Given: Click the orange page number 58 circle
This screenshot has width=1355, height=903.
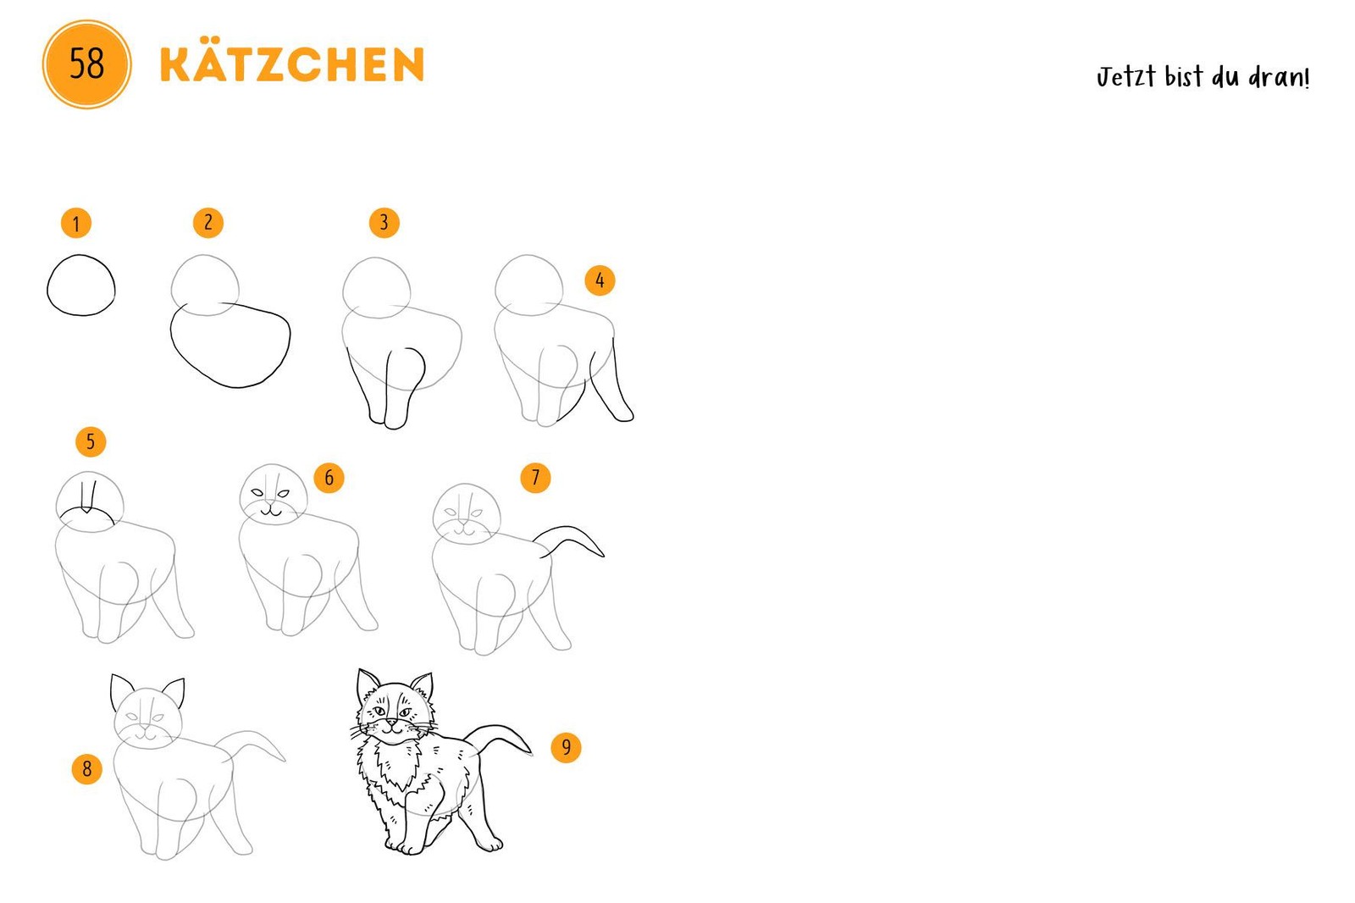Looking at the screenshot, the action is click(86, 64).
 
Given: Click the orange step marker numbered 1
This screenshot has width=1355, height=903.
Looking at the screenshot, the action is click(76, 224).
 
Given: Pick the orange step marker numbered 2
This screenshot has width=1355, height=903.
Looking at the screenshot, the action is click(208, 223).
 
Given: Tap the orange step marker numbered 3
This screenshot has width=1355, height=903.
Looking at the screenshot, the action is click(384, 222).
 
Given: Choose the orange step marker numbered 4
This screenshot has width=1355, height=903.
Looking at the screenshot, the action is click(600, 280).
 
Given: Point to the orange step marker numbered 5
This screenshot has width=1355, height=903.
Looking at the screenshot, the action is click(91, 441).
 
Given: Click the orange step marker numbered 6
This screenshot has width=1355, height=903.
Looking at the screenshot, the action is click(329, 478).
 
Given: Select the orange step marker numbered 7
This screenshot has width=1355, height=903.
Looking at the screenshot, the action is click(535, 478).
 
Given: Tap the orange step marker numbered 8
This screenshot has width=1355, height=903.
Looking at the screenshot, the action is click(87, 768).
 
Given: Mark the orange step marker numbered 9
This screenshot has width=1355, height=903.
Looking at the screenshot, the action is click(567, 747).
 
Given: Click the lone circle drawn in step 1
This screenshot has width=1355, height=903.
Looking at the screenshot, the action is click(47, 285).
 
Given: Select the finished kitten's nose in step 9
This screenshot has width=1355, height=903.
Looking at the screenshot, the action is click(392, 722).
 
